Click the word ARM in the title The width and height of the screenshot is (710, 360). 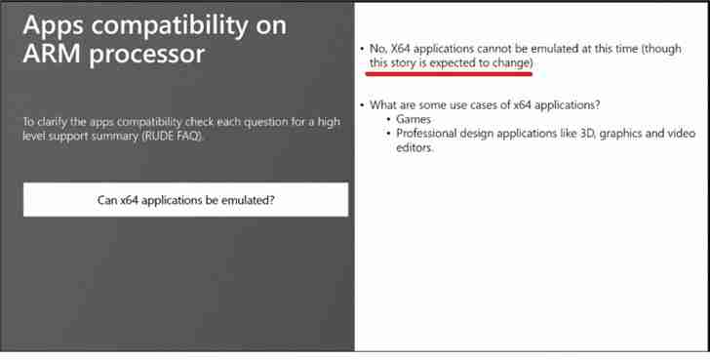[51, 54]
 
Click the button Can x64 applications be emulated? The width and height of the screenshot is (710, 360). [185, 199]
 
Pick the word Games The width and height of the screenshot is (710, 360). [414, 119]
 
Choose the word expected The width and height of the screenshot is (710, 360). [462, 62]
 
